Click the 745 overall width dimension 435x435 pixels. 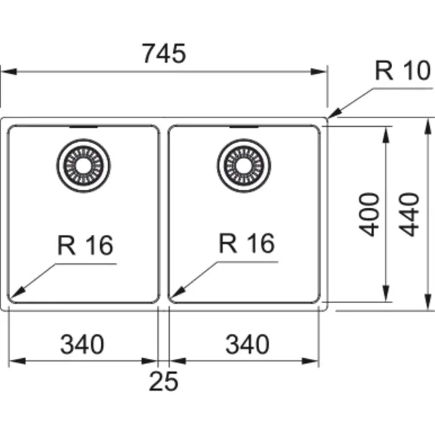tap(164, 54)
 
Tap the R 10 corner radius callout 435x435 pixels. tap(403, 71)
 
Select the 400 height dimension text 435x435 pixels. tap(369, 215)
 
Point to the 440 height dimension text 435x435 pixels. tap(409, 215)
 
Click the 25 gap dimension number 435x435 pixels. tap(163, 381)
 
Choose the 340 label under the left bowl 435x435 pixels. tap(82, 344)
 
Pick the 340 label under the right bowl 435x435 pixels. tap(247, 344)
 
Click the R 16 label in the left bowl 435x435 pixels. tap(85, 245)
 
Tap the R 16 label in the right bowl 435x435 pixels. tap(246, 243)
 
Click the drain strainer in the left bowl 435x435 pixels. tap(83, 165)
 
